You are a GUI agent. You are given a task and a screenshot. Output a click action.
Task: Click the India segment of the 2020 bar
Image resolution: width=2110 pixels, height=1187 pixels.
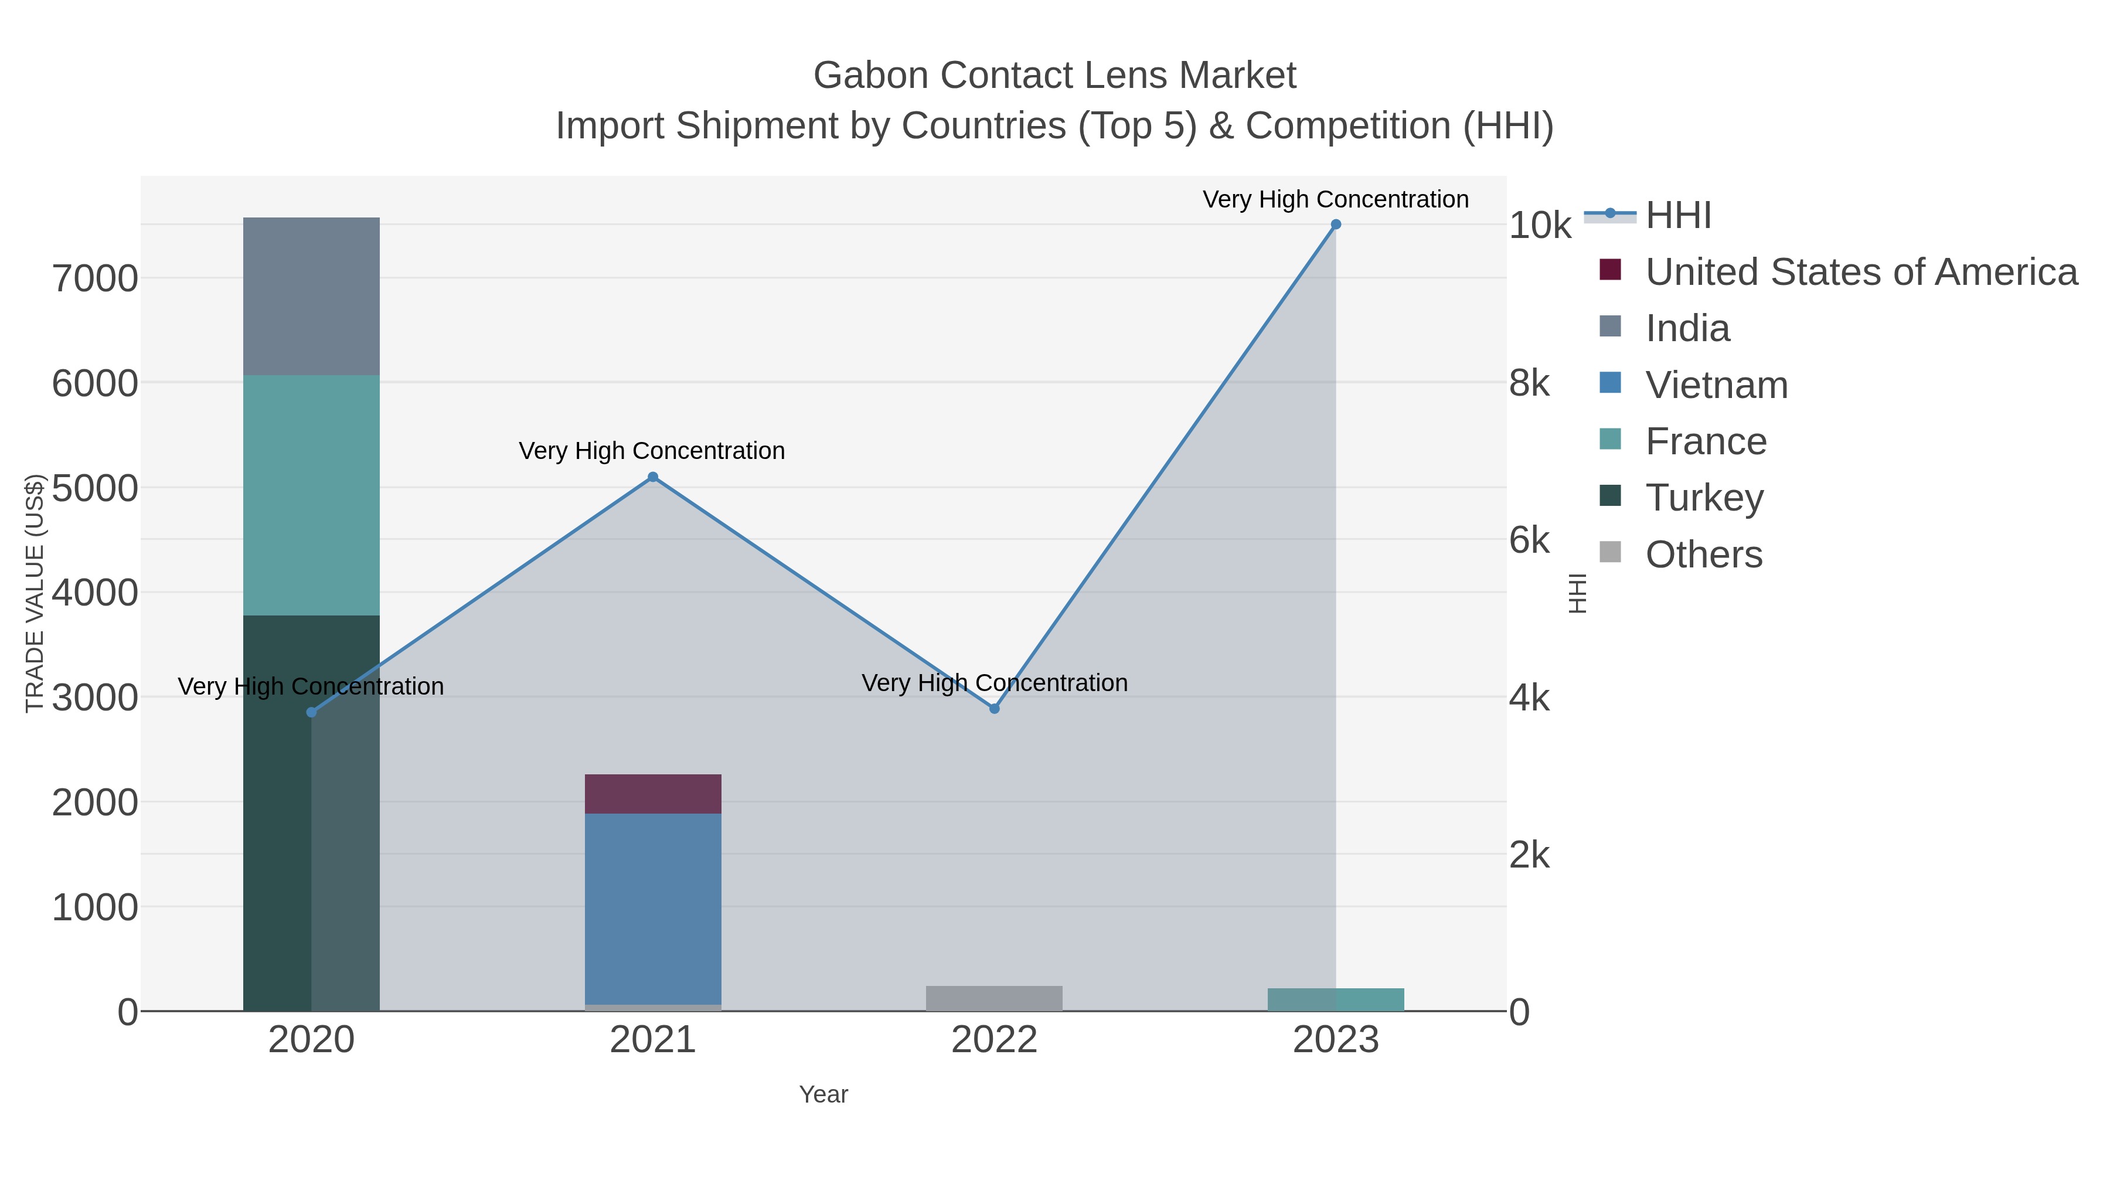(311, 297)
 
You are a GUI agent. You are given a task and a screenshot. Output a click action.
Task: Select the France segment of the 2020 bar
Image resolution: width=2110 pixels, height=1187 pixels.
(311, 495)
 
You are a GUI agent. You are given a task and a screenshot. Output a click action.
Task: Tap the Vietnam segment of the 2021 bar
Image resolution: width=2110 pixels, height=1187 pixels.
(653, 909)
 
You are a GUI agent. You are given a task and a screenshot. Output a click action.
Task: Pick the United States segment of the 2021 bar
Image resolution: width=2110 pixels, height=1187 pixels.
(653, 794)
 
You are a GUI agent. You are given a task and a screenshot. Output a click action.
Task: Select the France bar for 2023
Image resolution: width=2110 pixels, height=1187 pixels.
(1335, 999)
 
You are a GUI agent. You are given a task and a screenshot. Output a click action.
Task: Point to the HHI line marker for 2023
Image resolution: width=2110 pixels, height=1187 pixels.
(1335, 225)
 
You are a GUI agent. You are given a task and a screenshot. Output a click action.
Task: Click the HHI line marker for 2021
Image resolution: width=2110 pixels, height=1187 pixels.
(653, 477)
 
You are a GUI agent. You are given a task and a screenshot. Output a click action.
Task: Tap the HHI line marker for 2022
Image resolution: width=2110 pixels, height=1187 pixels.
(995, 709)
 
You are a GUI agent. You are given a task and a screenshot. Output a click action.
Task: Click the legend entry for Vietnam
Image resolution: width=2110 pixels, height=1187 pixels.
(1716, 385)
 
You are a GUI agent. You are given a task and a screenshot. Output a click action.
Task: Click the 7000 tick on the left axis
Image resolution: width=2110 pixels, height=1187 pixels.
(95, 280)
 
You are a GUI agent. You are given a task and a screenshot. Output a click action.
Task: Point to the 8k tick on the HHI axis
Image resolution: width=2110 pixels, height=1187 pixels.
(1529, 383)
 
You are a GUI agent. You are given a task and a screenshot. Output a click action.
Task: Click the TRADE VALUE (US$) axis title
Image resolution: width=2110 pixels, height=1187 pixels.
(35, 593)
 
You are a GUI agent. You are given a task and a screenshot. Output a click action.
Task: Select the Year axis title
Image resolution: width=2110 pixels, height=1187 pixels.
(823, 1094)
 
